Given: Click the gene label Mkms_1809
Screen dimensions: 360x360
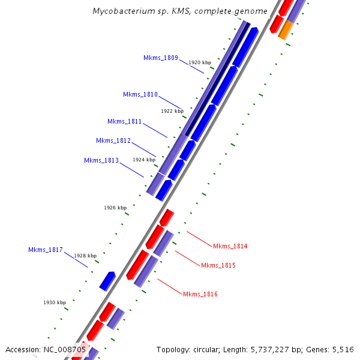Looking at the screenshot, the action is click(x=161, y=58).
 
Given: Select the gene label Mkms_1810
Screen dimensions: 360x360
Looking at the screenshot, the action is click(x=140, y=94).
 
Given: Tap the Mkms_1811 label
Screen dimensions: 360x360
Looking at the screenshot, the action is click(x=125, y=121).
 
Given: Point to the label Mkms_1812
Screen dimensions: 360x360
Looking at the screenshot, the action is click(x=113, y=140).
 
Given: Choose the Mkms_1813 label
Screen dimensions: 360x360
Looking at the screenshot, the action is click(x=101, y=160).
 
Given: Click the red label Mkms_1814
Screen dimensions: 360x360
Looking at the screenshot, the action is click(x=230, y=246).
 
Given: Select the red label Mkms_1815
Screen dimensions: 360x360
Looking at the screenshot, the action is click(x=218, y=265).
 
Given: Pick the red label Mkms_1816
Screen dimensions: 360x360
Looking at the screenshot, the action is click(x=200, y=294).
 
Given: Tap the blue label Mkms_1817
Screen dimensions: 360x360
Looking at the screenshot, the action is click(x=46, y=250).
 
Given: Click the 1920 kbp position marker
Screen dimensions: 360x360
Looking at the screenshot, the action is click(x=200, y=62).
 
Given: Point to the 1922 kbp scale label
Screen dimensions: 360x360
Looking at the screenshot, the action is click(x=172, y=111).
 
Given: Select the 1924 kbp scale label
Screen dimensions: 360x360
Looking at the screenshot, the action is click(x=144, y=160).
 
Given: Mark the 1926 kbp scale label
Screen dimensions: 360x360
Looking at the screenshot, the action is click(x=115, y=208).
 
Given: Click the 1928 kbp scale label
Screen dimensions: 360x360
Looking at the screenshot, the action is click(x=85, y=256).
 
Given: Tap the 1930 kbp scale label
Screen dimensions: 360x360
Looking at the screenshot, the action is click(x=55, y=302).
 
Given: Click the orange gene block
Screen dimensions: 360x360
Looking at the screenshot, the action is click(x=286, y=29).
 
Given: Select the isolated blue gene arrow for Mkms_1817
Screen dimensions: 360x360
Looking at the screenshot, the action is click(x=107, y=281).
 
